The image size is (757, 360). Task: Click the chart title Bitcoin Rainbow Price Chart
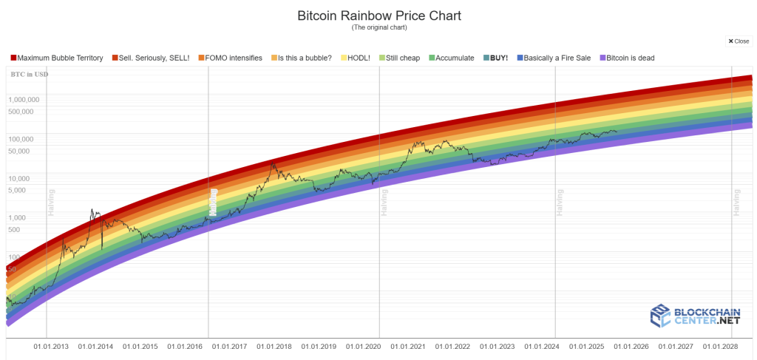pyautogui.click(x=378, y=16)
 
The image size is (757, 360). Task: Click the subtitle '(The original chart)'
pyautogui.click(x=378, y=28)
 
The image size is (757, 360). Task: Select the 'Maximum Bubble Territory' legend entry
pyautogui.click(x=59, y=58)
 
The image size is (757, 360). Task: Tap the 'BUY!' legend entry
pyautogui.click(x=500, y=58)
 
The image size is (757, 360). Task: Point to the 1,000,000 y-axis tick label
pyautogui.click(x=24, y=99)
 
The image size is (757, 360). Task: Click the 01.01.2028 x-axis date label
pyautogui.click(x=720, y=346)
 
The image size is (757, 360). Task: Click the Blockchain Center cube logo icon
pyautogui.click(x=660, y=316)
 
